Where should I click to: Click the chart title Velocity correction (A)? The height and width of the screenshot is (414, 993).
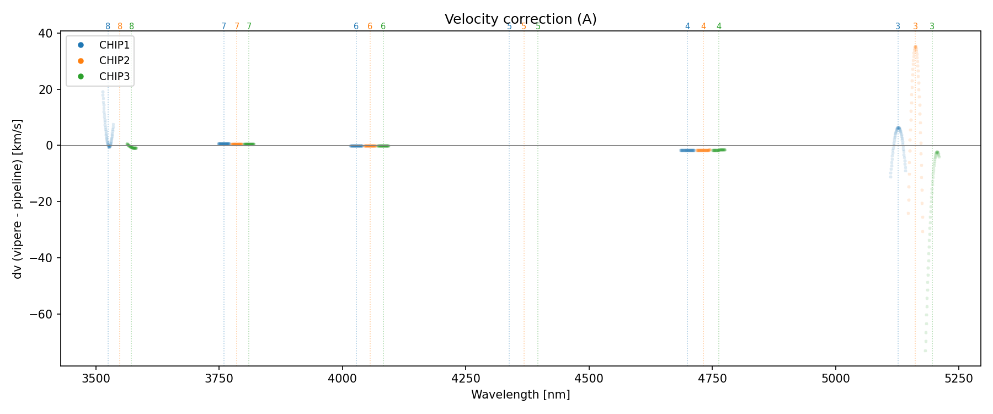[x=520, y=19]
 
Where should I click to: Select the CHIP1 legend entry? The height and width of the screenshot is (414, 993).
[x=114, y=45]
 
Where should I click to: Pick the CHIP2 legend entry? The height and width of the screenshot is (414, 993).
[x=114, y=61]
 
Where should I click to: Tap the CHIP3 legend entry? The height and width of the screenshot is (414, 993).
[x=114, y=77]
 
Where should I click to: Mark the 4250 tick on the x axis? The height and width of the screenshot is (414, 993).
[x=466, y=378]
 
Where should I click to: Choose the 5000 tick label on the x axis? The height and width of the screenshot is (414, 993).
[x=835, y=378]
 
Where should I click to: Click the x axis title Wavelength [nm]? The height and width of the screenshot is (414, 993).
[x=520, y=395]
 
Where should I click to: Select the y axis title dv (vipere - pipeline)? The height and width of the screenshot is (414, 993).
[x=18, y=199]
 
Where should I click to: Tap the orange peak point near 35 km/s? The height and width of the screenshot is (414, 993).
[x=915, y=47]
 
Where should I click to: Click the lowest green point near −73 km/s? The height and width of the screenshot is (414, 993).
[x=925, y=351]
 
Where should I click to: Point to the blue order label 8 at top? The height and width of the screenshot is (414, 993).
[x=108, y=26]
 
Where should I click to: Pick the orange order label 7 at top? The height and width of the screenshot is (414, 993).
[x=237, y=26]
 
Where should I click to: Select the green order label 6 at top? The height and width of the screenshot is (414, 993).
[x=383, y=26]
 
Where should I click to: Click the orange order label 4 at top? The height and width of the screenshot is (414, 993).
[x=703, y=26]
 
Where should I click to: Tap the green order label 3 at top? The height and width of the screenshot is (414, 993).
[x=932, y=26]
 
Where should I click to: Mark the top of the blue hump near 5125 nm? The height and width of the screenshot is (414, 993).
[x=898, y=128]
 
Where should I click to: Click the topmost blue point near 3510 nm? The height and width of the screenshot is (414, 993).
[x=103, y=92]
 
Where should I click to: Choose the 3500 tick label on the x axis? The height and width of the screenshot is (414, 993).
[x=96, y=378]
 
